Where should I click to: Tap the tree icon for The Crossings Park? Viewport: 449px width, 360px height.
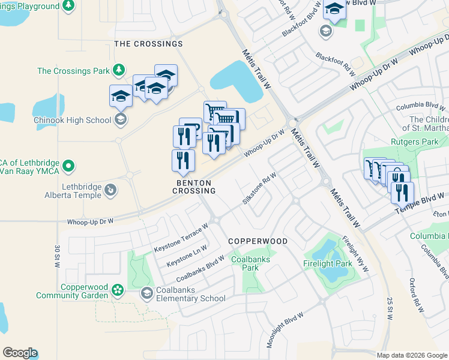tap(119, 71)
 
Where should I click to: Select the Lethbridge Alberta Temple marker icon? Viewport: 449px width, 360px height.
tap(110, 191)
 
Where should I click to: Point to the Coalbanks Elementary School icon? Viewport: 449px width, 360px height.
tap(146, 293)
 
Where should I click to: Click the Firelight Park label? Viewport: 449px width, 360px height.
tap(327, 263)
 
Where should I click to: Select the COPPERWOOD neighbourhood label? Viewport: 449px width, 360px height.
tap(258, 241)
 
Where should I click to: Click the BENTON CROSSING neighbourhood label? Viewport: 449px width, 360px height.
tap(193, 186)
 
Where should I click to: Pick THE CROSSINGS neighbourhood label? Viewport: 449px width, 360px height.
tap(148, 44)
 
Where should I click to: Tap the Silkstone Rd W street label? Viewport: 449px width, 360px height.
tap(259, 188)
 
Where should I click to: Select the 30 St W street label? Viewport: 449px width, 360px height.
tap(58, 256)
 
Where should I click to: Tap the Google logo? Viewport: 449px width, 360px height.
tap(20, 353)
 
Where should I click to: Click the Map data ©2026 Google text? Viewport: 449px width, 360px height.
tap(411, 355)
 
